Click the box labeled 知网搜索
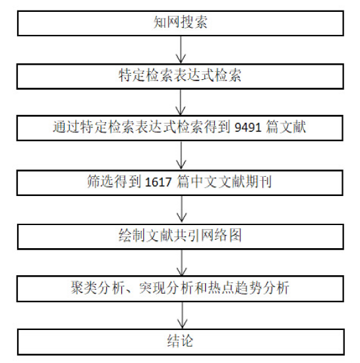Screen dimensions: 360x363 181,23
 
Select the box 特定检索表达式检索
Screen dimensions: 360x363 180,77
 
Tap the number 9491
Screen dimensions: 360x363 248,127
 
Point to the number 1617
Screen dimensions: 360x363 158,181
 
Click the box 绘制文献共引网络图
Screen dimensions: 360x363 181,236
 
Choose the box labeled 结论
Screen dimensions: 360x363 181,342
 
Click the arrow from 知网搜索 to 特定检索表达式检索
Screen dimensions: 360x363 181,49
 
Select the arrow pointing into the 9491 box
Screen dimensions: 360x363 181,102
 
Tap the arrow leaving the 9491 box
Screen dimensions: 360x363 181,155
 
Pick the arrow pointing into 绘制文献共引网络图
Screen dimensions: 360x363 181,209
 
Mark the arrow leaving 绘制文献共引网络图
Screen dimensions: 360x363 182,263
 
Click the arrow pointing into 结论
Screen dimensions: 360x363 182,315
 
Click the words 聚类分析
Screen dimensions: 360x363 98,288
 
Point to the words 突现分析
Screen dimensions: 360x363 165,288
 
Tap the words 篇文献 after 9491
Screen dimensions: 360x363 286,127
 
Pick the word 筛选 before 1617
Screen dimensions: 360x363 101,181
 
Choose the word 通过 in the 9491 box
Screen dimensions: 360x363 67,127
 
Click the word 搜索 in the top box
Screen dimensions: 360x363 194,22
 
